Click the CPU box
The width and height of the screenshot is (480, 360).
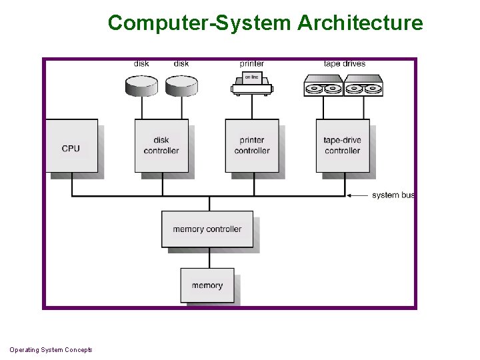coord(71,146)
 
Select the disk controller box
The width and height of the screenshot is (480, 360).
coord(161,146)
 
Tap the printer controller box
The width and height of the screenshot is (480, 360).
coord(252,146)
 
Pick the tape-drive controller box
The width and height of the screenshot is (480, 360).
coord(342,146)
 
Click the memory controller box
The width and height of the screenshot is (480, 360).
coord(207,229)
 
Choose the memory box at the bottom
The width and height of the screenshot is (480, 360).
coord(207,285)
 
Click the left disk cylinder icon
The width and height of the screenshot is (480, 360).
coord(141,85)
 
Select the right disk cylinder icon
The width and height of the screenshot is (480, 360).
coord(181,85)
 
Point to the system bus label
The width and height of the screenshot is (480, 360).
coord(393,195)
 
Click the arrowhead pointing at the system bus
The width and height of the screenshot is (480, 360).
coord(349,195)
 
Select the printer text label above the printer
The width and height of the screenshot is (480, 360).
coord(252,64)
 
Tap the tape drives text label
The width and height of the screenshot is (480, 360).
coord(344,64)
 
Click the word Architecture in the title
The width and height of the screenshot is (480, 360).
coord(360,23)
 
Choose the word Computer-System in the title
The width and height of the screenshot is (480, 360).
coord(200,23)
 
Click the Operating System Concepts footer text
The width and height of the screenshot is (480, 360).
coord(51,350)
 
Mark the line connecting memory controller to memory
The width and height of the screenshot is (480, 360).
coord(209,258)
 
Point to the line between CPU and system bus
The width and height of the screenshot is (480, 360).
coord(72,184)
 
